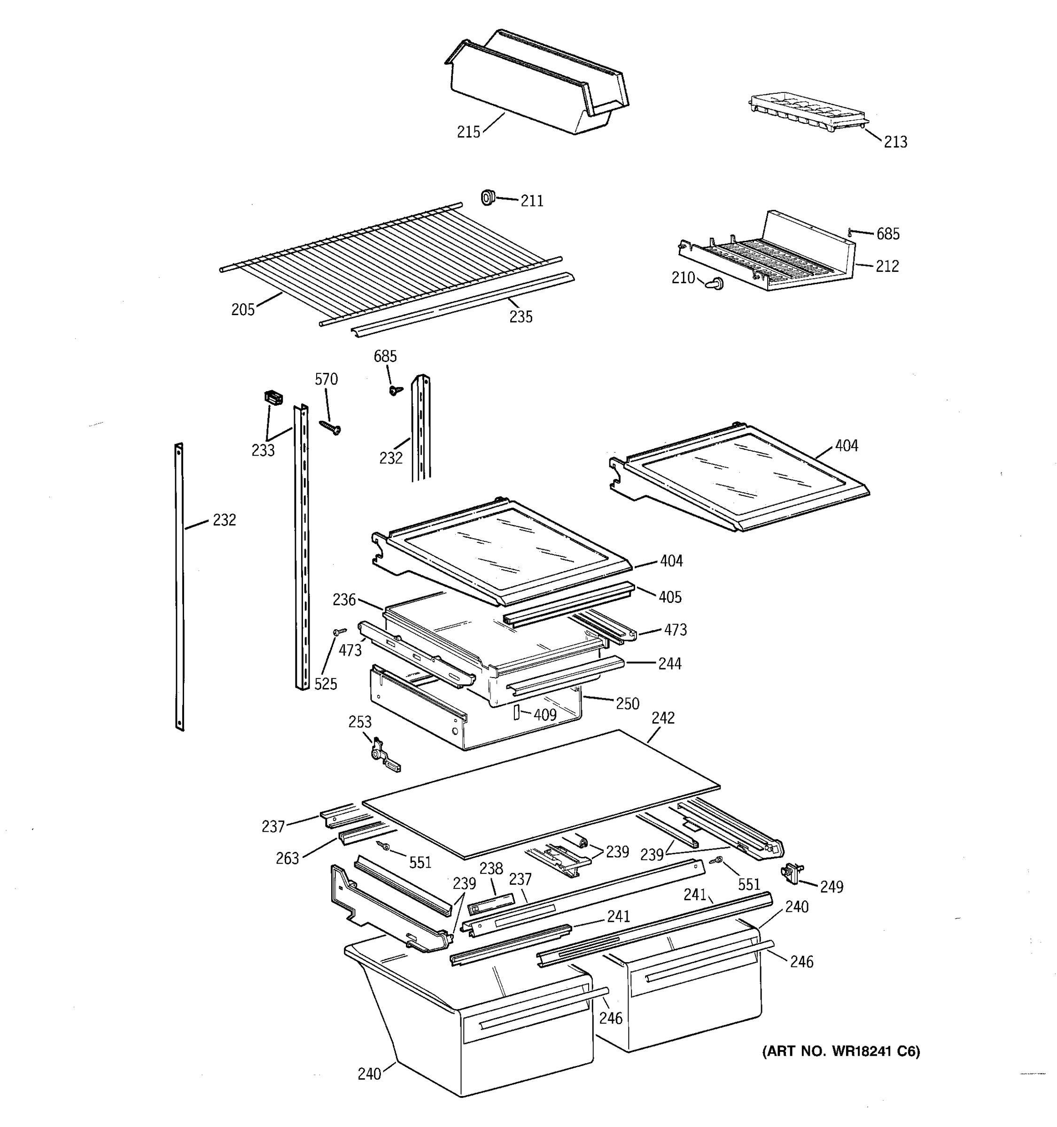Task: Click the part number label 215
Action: pyautogui.click(x=468, y=132)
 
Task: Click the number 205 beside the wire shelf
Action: pyautogui.click(x=243, y=310)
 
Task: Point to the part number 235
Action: pyautogui.click(x=521, y=317)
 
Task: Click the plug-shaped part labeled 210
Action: pyautogui.click(x=715, y=284)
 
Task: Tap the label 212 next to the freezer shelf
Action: pyautogui.click(x=887, y=266)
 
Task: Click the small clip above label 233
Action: pyautogui.click(x=274, y=397)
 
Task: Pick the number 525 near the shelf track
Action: pyautogui.click(x=326, y=684)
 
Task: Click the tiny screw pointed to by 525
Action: pyautogui.click(x=340, y=631)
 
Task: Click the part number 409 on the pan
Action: pyautogui.click(x=544, y=715)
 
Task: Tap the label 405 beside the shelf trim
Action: pyautogui.click(x=670, y=597)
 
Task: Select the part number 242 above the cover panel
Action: pyautogui.click(x=663, y=718)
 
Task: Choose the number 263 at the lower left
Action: pyautogui.click(x=287, y=858)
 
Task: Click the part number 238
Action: pyautogui.click(x=491, y=868)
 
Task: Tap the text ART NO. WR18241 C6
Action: pyautogui.click(x=840, y=1051)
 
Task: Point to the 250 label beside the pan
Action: pyautogui.click(x=627, y=703)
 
